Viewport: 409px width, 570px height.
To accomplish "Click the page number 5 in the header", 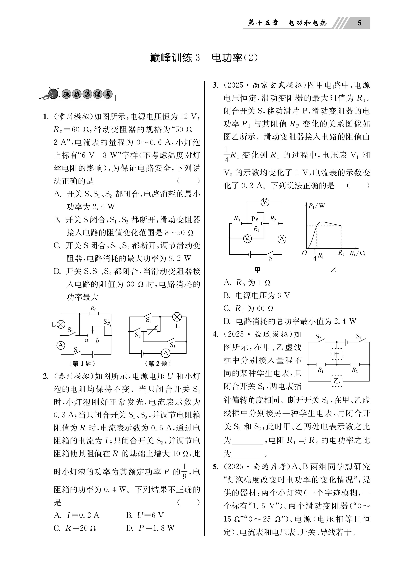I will [359, 23].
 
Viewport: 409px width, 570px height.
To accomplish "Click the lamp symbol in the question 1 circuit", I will [61, 325].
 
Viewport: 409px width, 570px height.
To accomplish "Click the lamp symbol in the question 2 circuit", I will [177, 317].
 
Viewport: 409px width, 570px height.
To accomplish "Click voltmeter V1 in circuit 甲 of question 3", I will [265, 202].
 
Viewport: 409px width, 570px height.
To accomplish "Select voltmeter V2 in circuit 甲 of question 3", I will [247, 239].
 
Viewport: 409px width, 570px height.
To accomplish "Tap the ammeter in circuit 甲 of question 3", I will [282, 239].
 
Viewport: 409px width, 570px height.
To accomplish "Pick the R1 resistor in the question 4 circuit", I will [321, 365].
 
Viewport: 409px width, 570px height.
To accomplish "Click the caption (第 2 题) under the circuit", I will [158, 363].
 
